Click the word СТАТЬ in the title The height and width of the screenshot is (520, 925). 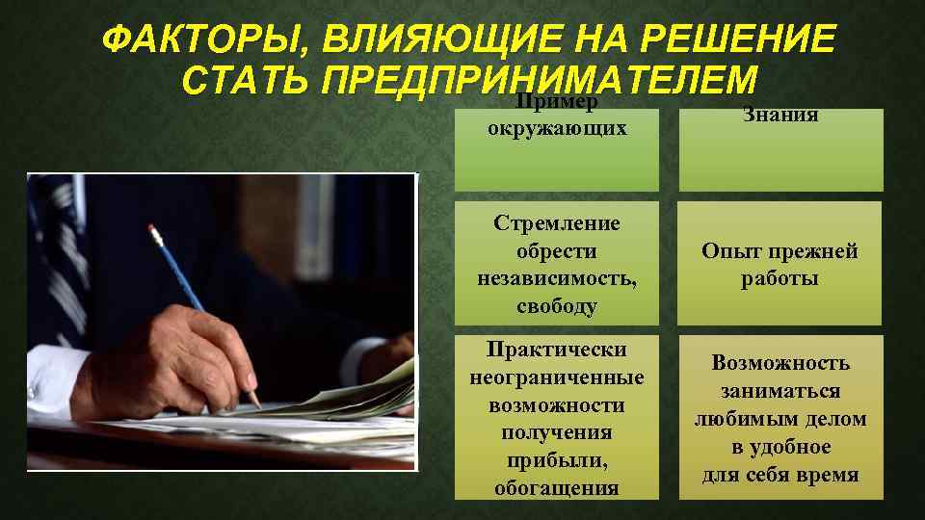244,81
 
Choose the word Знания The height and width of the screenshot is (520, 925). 780,116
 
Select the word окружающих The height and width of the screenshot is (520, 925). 557,127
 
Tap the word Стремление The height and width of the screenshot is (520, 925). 557,223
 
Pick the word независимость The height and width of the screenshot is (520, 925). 557,279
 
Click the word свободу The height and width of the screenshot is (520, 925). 557,307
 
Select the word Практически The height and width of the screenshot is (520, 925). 557,350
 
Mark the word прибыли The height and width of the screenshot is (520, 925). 557,460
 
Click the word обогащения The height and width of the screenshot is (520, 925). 557,487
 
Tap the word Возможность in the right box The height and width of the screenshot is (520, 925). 780,363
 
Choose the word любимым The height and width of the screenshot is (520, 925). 752,419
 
